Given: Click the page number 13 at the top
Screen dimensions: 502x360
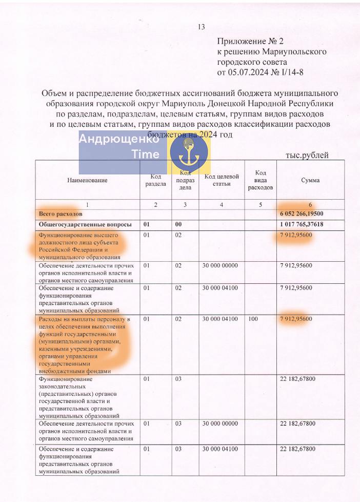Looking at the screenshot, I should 201,27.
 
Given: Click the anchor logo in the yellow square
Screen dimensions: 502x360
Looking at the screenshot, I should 189,153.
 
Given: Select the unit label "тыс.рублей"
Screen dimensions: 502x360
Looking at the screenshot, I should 307,156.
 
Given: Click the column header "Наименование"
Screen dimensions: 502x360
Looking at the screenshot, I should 87,180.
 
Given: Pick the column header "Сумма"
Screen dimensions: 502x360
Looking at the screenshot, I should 310,180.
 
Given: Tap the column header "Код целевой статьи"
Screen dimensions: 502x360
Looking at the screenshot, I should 222,180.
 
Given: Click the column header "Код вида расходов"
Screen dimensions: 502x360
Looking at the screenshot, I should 261,180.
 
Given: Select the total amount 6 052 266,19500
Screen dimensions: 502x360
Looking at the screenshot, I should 302,214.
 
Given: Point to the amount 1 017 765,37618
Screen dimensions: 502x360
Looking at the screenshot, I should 302,224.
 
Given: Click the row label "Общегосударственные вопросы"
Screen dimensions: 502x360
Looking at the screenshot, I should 85,224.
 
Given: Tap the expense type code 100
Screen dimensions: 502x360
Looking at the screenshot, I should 252,319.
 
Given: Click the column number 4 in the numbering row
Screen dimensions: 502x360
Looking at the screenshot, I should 222,205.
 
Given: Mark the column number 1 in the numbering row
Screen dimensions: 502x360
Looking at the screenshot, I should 87,205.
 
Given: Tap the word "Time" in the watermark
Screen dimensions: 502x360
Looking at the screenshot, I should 146,155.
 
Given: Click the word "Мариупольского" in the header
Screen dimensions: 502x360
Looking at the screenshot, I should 294,51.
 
